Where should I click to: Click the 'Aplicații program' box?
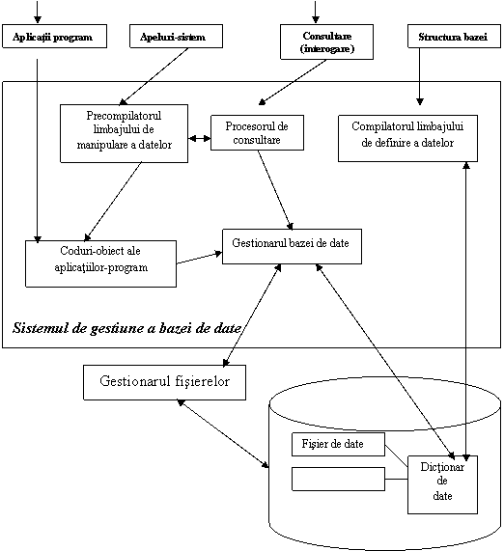(x=54, y=37)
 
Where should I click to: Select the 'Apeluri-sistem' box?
(x=176, y=37)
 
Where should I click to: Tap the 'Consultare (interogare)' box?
(x=326, y=41)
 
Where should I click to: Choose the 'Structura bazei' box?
(x=454, y=37)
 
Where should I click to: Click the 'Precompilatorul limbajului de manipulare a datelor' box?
(x=125, y=133)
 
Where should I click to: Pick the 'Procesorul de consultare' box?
(x=257, y=133)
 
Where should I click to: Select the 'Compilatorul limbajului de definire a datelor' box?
(x=408, y=138)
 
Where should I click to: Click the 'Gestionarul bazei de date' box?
(x=292, y=247)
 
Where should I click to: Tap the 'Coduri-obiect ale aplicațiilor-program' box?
(x=101, y=263)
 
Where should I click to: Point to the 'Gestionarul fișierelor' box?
(x=164, y=382)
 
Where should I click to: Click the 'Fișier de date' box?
(x=338, y=445)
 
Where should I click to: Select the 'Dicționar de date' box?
(x=443, y=485)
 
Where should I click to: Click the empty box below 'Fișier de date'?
(x=338, y=479)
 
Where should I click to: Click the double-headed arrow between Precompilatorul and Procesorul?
(x=200, y=138)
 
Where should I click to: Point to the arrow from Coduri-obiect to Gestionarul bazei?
(x=200, y=258)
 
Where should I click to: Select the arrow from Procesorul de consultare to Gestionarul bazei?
(x=275, y=190)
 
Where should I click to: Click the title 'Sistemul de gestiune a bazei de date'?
(x=126, y=328)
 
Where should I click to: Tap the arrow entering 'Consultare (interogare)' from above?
(x=316, y=12)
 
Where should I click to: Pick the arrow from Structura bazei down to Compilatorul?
(x=420, y=76)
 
